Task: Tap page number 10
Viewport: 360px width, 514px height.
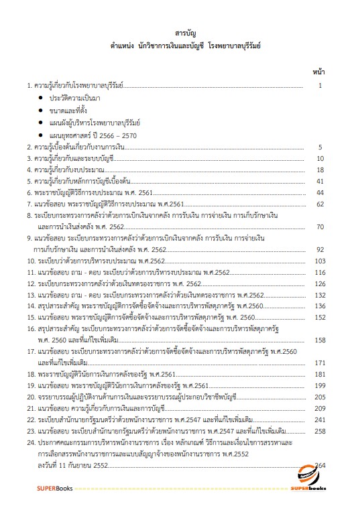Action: (320, 158)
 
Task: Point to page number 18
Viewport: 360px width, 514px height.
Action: (320, 170)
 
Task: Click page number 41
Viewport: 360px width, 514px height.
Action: (320, 181)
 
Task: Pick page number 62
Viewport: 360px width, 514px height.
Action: (320, 204)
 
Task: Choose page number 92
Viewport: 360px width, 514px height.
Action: (320, 249)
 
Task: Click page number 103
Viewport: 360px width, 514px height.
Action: (319, 261)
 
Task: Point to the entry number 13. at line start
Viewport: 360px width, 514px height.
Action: (31, 295)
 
